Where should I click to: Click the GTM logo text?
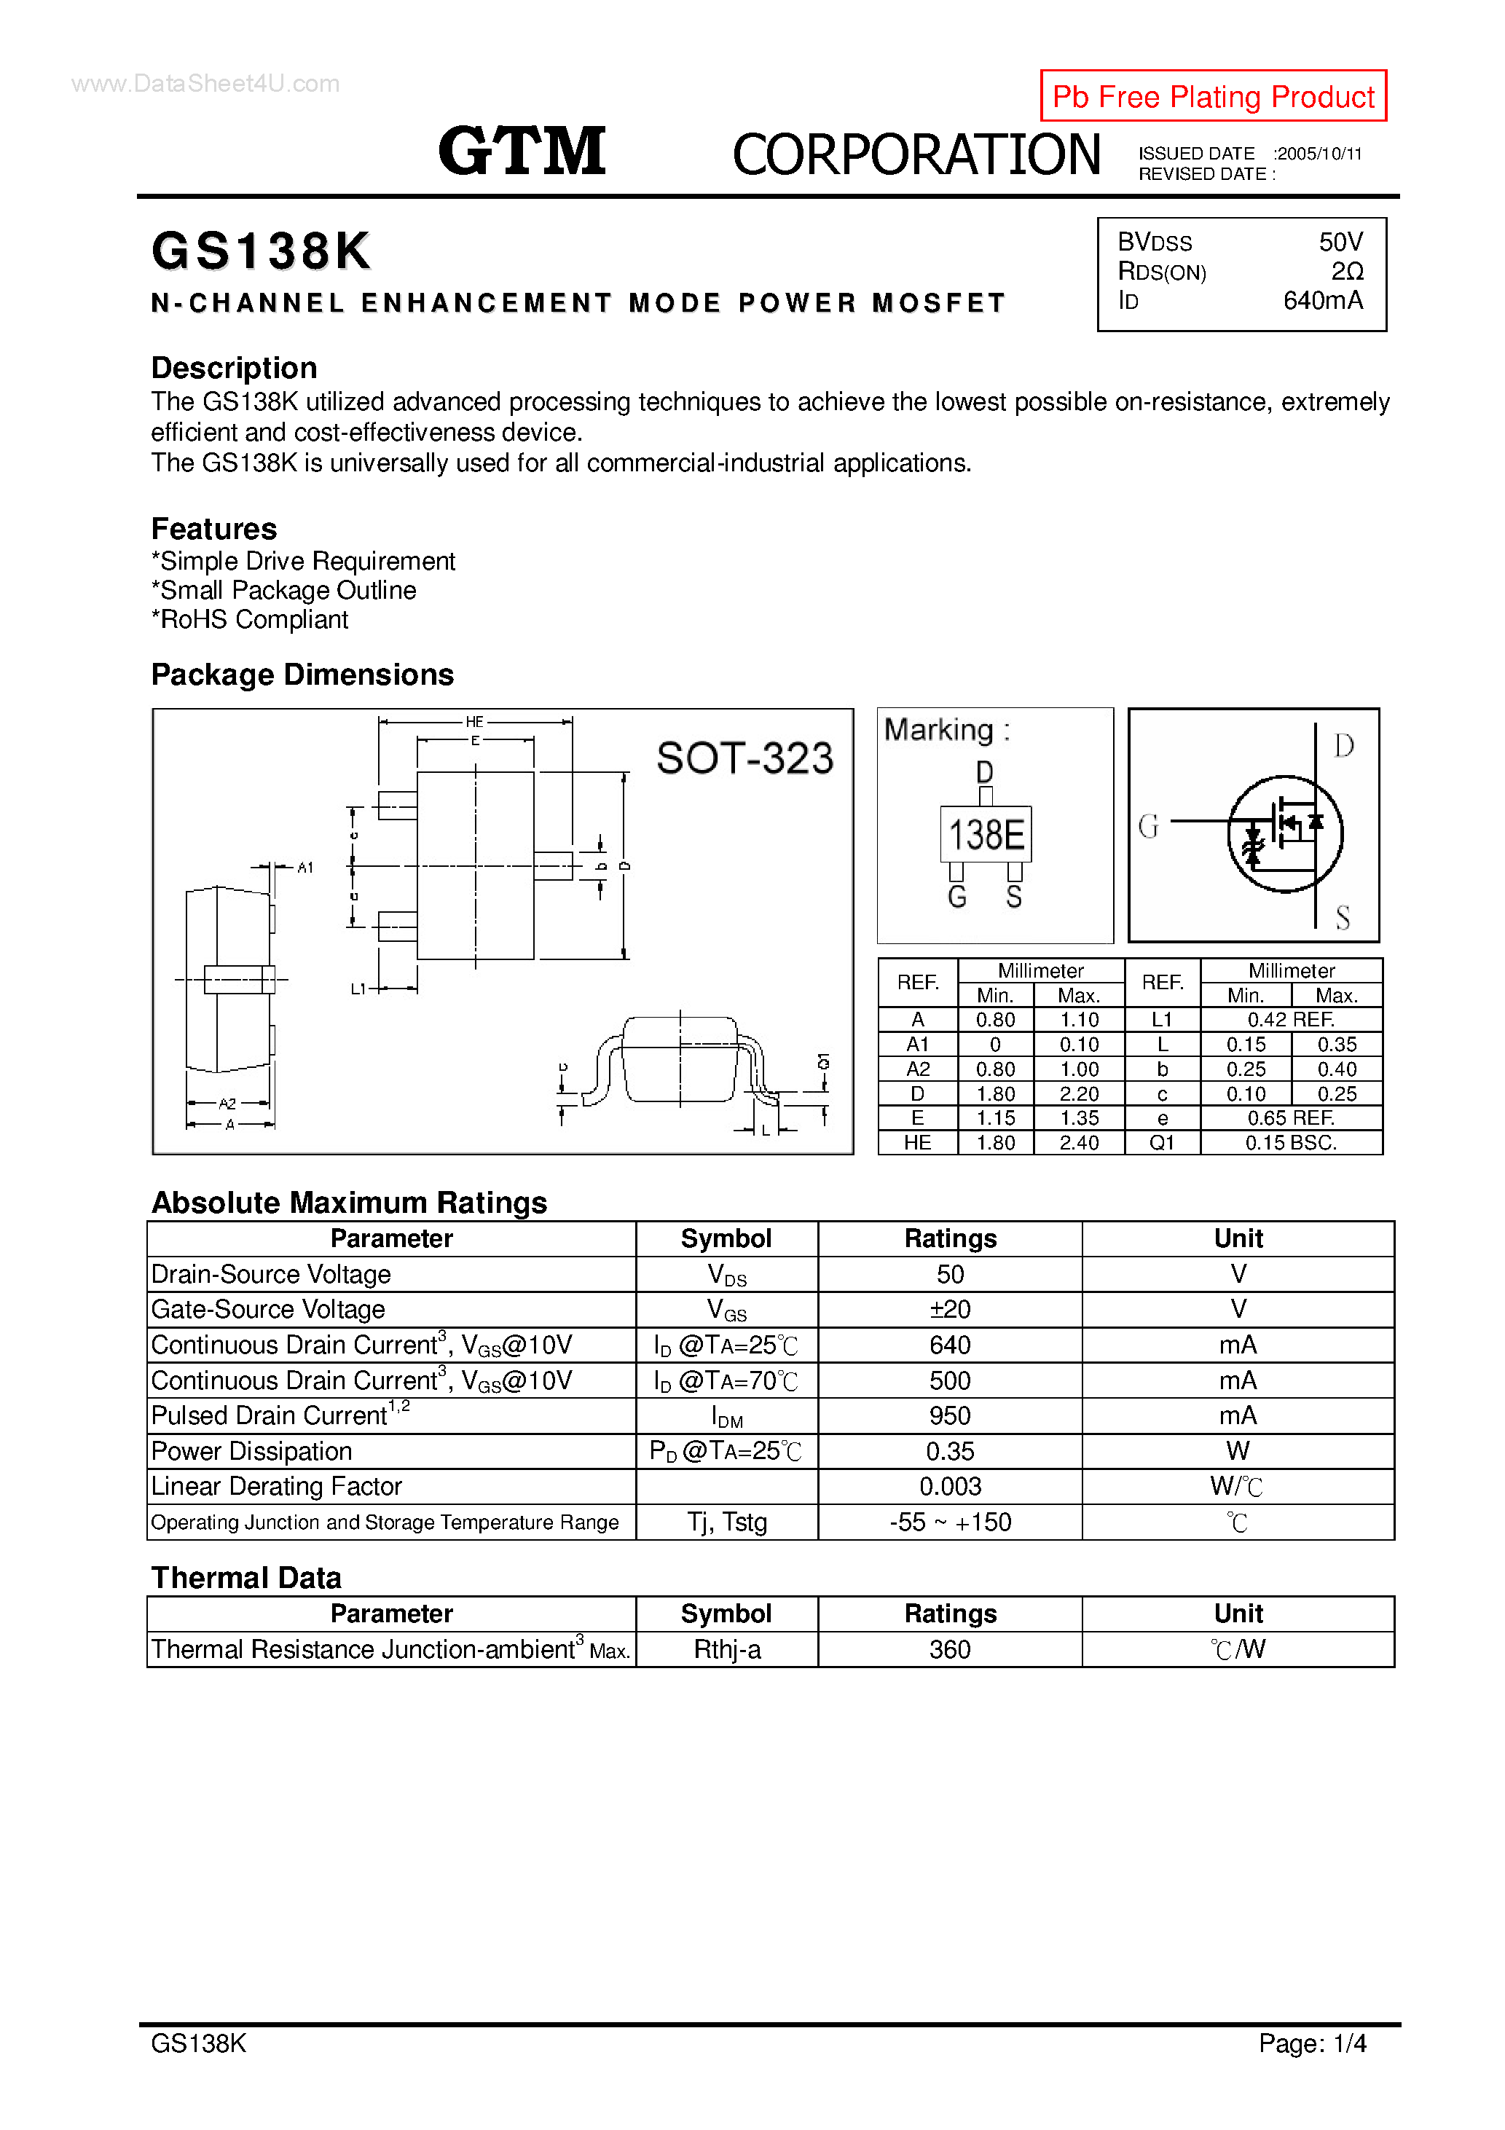coord(522,152)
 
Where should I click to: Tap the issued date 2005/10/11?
coord(1319,154)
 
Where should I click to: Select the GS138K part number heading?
coord(261,251)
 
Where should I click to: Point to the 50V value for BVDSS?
coord(1340,242)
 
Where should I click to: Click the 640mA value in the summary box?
coord(1322,301)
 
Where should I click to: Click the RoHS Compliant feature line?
coord(250,620)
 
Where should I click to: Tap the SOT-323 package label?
coord(744,758)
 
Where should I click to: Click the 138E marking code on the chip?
coord(986,835)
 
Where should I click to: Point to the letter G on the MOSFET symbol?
coord(1148,825)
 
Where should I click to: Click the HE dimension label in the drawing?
coord(474,722)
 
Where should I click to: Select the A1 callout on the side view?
coord(305,868)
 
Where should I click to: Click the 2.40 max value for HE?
coord(1078,1143)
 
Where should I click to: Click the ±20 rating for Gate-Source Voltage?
coord(949,1309)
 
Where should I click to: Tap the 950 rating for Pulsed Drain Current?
coord(949,1415)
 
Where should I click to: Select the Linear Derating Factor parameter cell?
coord(277,1486)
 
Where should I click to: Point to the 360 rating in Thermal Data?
coord(949,1649)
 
